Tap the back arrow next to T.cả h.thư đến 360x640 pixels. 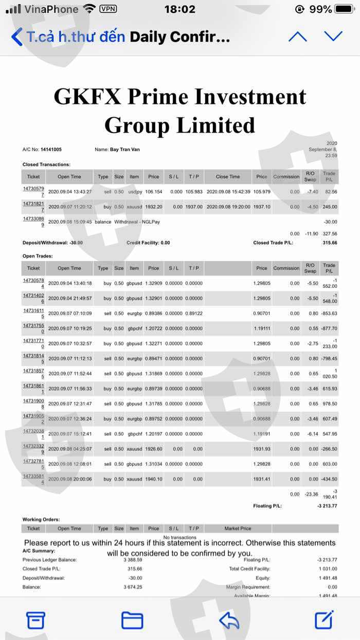[x=16, y=37]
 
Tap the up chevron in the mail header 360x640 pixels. [x=297, y=36]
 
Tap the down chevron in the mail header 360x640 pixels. [x=333, y=36]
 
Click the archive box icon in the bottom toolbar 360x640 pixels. [x=35, y=620]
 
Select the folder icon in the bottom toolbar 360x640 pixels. [x=132, y=620]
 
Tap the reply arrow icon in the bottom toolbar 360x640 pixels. [x=229, y=620]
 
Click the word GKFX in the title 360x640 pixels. [x=86, y=97]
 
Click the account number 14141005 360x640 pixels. [x=51, y=150]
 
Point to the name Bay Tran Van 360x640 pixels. [x=125, y=150]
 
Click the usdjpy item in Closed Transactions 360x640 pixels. [x=134, y=192]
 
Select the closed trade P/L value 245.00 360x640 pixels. [x=330, y=207]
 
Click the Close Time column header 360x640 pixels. [x=228, y=177]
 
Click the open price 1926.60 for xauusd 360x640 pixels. [x=153, y=449]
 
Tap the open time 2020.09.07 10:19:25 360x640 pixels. [x=70, y=328]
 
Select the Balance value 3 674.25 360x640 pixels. [x=133, y=587]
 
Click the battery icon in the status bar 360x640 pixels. [x=345, y=9]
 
